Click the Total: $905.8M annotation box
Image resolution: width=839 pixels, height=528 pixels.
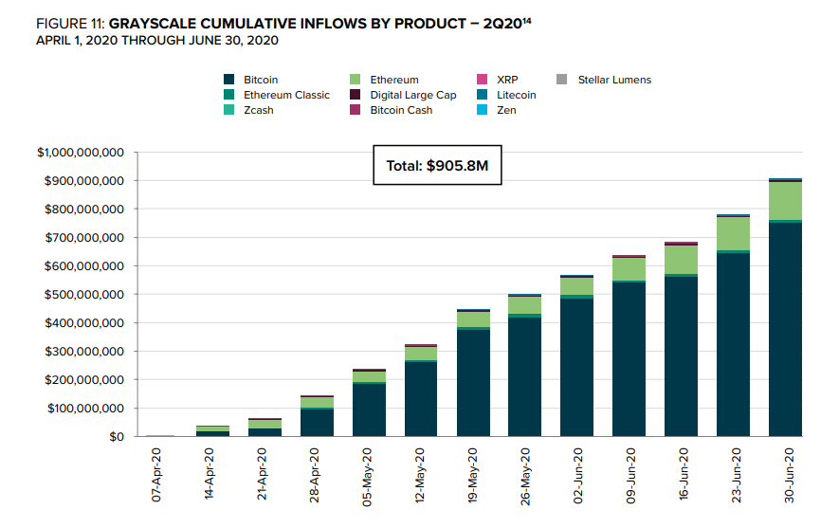click(x=436, y=165)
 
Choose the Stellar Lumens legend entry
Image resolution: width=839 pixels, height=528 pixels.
click(x=614, y=80)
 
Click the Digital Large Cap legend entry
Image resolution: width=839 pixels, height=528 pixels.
click(x=412, y=95)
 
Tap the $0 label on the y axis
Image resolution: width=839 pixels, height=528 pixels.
click(x=117, y=437)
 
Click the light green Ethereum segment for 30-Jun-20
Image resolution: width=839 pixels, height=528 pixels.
click(x=785, y=200)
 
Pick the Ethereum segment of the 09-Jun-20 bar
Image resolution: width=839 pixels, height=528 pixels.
click(x=629, y=269)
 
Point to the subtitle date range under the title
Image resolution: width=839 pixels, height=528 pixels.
click(x=156, y=40)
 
